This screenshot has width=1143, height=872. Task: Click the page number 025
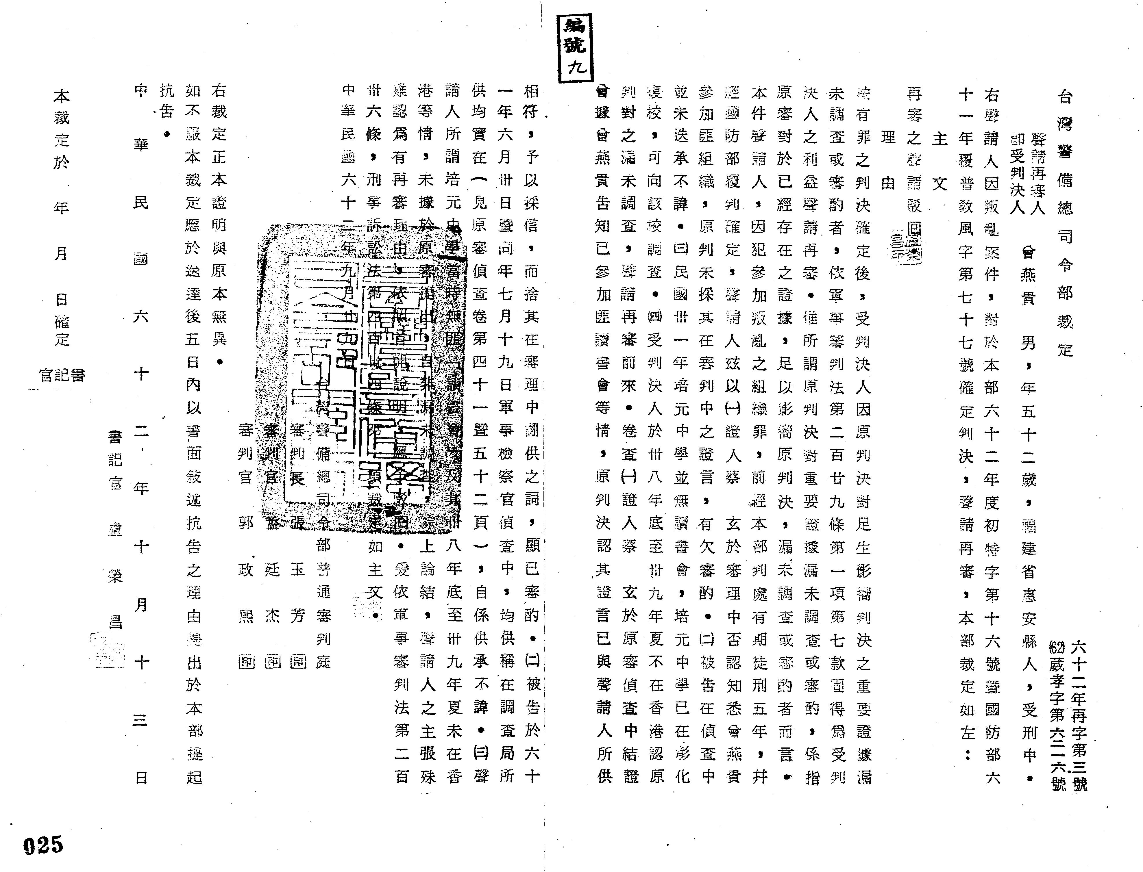(43, 845)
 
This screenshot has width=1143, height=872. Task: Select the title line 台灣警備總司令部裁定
(1064, 223)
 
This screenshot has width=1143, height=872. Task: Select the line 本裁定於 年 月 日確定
(61, 218)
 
